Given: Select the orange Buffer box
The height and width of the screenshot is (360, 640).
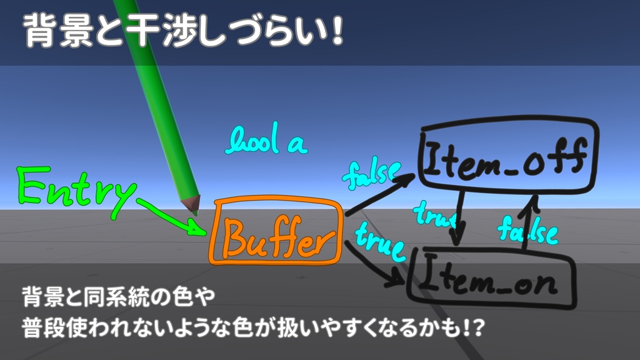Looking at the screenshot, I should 276,232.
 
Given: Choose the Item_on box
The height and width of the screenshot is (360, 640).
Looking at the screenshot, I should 491,279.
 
